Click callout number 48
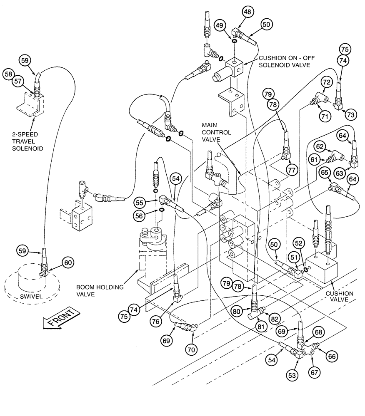247,13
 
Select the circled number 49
220,25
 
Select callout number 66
332,356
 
